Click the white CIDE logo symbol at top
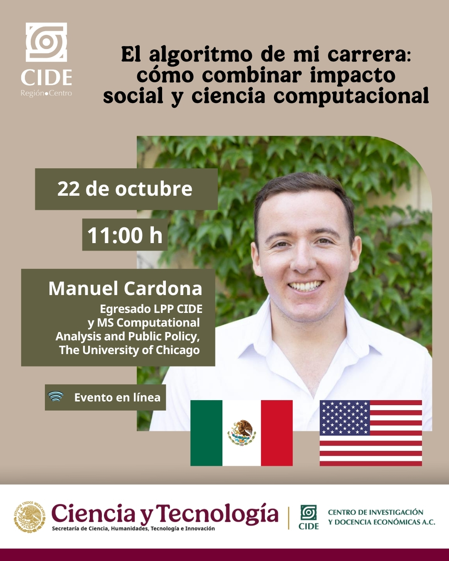(x=46, y=42)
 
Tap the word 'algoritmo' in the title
(x=201, y=55)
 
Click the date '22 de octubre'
(x=125, y=189)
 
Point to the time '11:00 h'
(x=125, y=235)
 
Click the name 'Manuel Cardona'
(x=125, y=288)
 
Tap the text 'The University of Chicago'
(x=129, y=350)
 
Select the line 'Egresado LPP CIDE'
(x=151, y=309)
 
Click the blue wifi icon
(x=56, y=396)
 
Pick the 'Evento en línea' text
(x=117, y=398)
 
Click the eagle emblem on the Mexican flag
(x=242, y=433)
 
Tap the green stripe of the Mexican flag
(x=206, y=433)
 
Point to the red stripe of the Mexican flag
(x=277, y=433)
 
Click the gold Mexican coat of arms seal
(x=30, y=517)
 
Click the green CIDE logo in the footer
(x=308, y=517)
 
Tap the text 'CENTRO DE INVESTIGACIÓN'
(x=376, y=512)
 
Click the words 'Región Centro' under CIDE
(x=46, y=93)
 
